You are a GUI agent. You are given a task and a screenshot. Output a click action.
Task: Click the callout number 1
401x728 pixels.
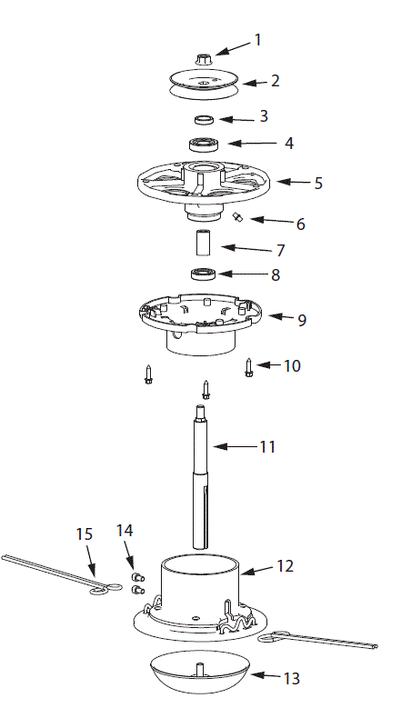pyautogui.click(x=257, y=40)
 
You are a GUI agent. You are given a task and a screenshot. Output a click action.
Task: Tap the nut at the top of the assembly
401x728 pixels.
pyautogui.click(x=202, y=55)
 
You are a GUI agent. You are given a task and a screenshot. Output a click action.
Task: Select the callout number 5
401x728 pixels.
pyautogui.click(x=317, y=183)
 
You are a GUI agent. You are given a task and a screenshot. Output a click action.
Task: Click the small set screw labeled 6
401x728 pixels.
pyautogui.click(x=237, y=216)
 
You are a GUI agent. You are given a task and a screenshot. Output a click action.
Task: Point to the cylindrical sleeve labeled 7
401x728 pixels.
pyautogui.click(x=201, y=244)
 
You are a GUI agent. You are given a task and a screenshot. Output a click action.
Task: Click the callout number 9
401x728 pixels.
pyautogui.click(x=301, y=320)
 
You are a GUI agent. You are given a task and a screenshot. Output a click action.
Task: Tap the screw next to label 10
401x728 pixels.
pyautogui.click(x=248, y=366)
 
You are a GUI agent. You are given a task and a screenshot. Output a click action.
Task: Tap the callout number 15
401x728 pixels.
pyautogui.click(x=84, y=534)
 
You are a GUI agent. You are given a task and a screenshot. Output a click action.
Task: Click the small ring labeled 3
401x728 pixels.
pyautogui.click(x=202, y=119)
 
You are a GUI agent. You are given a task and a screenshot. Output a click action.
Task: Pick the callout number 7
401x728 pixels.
pyautogui.click(x=281, y=249)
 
